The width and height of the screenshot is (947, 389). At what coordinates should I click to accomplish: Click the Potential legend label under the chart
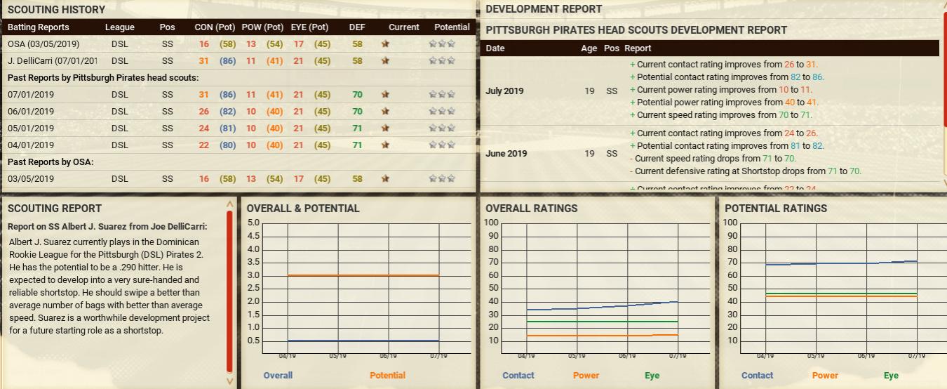[x=387, y=375]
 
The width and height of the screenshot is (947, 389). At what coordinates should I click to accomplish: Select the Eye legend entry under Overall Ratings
[x=652, y=375]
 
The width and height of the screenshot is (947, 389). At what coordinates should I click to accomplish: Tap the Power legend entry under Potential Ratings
[x=825, y=375]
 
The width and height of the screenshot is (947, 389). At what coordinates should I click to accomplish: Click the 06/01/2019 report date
[x=31, y=111]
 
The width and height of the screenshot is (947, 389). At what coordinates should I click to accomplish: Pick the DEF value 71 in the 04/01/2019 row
[x=357, y=145]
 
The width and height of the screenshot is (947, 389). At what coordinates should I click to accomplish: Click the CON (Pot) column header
[x=215, y=27]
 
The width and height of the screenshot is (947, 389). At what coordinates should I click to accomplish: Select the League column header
[x=119, y=27]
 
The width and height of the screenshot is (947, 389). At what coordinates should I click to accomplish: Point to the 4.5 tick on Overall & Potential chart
[x=253, y=236]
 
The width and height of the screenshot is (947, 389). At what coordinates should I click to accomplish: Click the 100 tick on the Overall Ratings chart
[x=491, y=223]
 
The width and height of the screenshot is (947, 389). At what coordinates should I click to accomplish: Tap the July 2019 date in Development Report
[x=505, y=91]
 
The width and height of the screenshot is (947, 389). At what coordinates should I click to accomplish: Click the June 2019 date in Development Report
[x=506, y=153]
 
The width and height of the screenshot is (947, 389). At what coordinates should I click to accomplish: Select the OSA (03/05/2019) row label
[x=43, y=44]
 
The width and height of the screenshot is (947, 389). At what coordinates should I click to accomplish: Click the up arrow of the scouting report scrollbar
[x=229, y=204]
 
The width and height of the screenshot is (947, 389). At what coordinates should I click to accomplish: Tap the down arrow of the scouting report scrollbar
[x=229, y=381]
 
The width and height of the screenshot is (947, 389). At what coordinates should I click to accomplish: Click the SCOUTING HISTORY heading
[x=56, y=9]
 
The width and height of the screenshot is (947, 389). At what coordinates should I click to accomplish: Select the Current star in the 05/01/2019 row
[x=385, y=128]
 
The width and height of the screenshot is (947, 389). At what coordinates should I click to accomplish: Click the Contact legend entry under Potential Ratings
[x=757, y=375]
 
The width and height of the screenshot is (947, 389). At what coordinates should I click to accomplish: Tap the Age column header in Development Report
[x=589, y=48]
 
